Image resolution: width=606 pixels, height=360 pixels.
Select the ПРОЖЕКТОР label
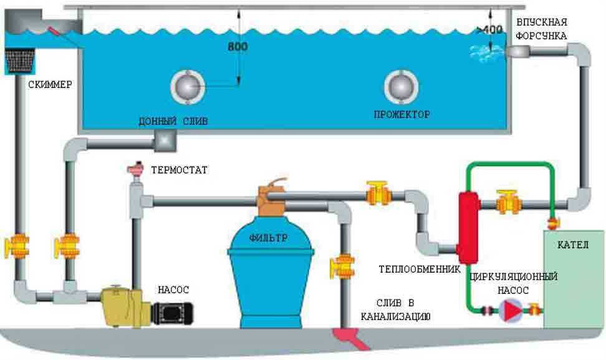pyautogui.click(x=402, y=115)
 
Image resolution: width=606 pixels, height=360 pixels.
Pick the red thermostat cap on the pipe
pyautogui.click(x=135, y=169)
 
